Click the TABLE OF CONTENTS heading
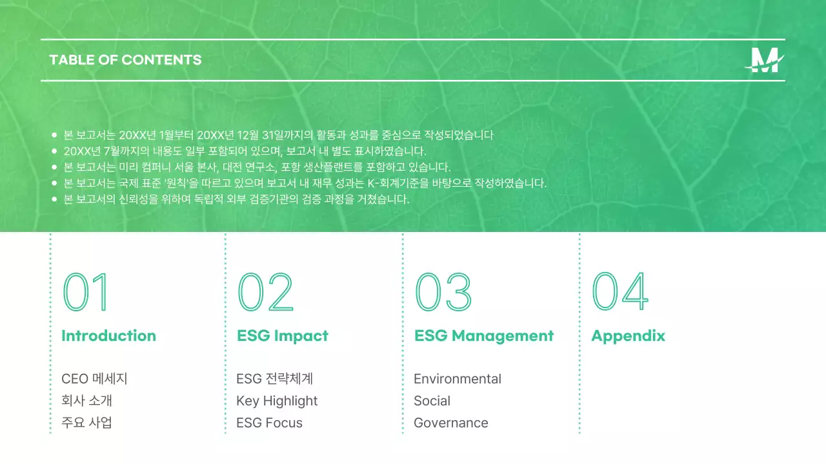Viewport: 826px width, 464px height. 125,60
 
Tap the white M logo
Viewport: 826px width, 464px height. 765,61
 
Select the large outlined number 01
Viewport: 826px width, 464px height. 86,292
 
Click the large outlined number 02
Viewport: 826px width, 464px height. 265,292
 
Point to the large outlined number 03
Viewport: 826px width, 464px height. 443,292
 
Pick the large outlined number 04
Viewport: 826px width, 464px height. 619,292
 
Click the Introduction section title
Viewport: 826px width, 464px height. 108,336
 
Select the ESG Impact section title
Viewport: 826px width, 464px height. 282,336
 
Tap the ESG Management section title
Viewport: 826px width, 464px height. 483,336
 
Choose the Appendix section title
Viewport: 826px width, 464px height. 628,336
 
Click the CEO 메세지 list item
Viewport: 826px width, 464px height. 94,379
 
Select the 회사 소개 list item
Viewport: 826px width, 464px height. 87,401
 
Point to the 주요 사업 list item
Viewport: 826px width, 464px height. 87,423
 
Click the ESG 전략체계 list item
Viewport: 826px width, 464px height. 274,379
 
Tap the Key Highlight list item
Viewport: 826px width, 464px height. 277,401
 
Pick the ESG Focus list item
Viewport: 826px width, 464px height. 269,423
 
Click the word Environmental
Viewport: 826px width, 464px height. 457,379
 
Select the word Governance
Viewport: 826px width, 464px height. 450,423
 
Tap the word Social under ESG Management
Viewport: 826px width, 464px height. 432,401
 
